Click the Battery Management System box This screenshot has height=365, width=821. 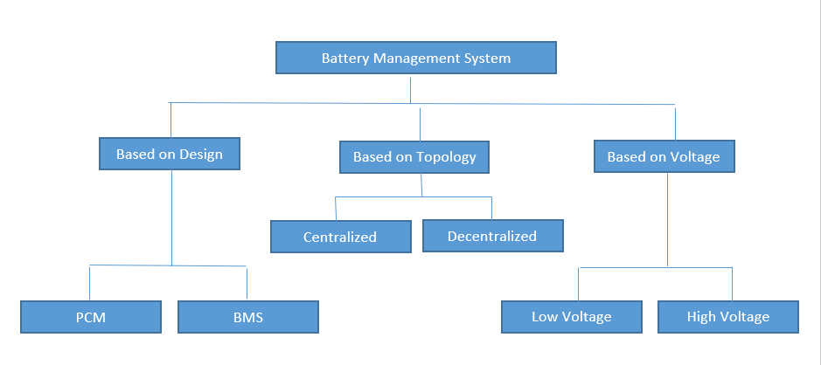(415, 59)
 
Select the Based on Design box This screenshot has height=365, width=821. (170, 155)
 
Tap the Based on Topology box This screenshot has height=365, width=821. (414, 157)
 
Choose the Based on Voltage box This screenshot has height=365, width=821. (664, 157)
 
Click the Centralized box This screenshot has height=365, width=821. (340, 237)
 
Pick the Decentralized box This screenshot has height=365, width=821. (492, 236)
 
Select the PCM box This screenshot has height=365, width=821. (91, 317)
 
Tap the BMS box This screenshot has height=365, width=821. (248, 317)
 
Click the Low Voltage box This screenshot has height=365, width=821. (572, 316)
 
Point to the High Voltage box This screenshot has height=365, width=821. (728, 316)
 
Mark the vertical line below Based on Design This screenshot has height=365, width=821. (171, 218)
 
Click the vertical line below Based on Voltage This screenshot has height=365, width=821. (668, 218)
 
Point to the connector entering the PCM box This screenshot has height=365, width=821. (90, 283)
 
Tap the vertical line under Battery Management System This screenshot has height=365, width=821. (409, 89)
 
